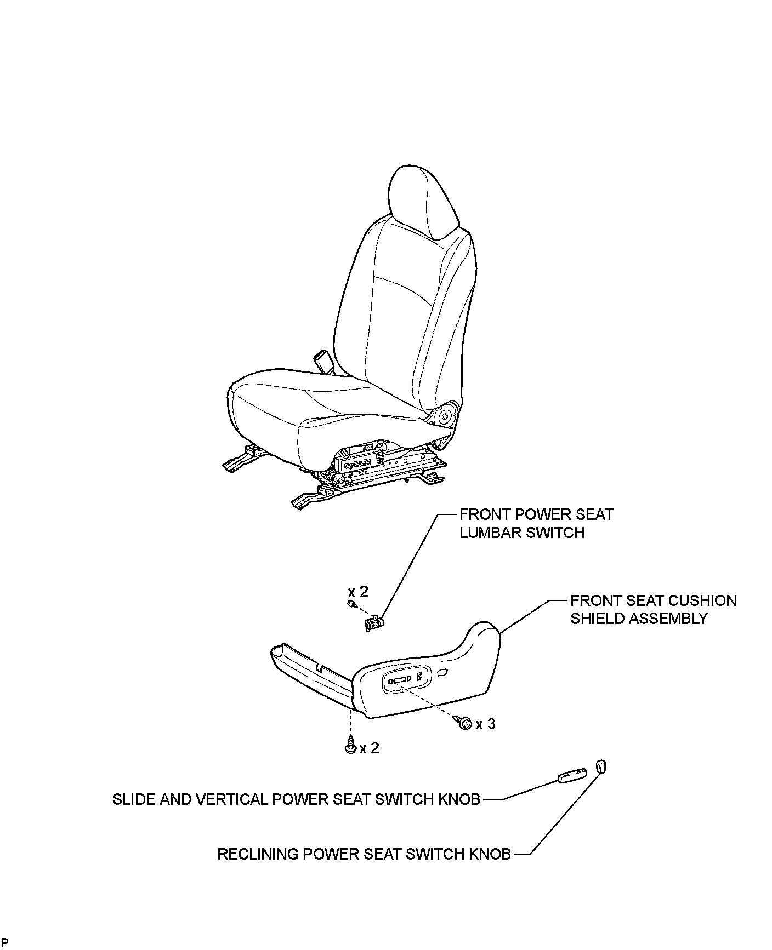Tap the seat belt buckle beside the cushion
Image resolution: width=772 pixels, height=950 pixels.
coord(321,361)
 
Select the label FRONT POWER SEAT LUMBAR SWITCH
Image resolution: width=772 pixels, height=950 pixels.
coord(536,523)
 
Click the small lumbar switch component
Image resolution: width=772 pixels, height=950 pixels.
coord(375,623)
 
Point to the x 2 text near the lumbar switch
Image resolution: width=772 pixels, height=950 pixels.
coord(358,591)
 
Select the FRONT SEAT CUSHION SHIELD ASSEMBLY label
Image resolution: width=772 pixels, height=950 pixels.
coord(653,609)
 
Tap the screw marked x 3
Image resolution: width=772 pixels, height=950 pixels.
coord(466,723)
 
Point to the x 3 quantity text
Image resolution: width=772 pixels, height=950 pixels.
coord(485,724)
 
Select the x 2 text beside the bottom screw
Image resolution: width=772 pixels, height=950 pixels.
coord(369,748)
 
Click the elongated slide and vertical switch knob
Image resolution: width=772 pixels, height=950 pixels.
coord(572,776)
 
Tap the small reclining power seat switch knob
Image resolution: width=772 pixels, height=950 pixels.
coord(600,766)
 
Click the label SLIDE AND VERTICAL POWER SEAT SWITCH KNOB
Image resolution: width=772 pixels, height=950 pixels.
coord(296,799)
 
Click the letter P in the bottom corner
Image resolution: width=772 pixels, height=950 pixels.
coord(5,943)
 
